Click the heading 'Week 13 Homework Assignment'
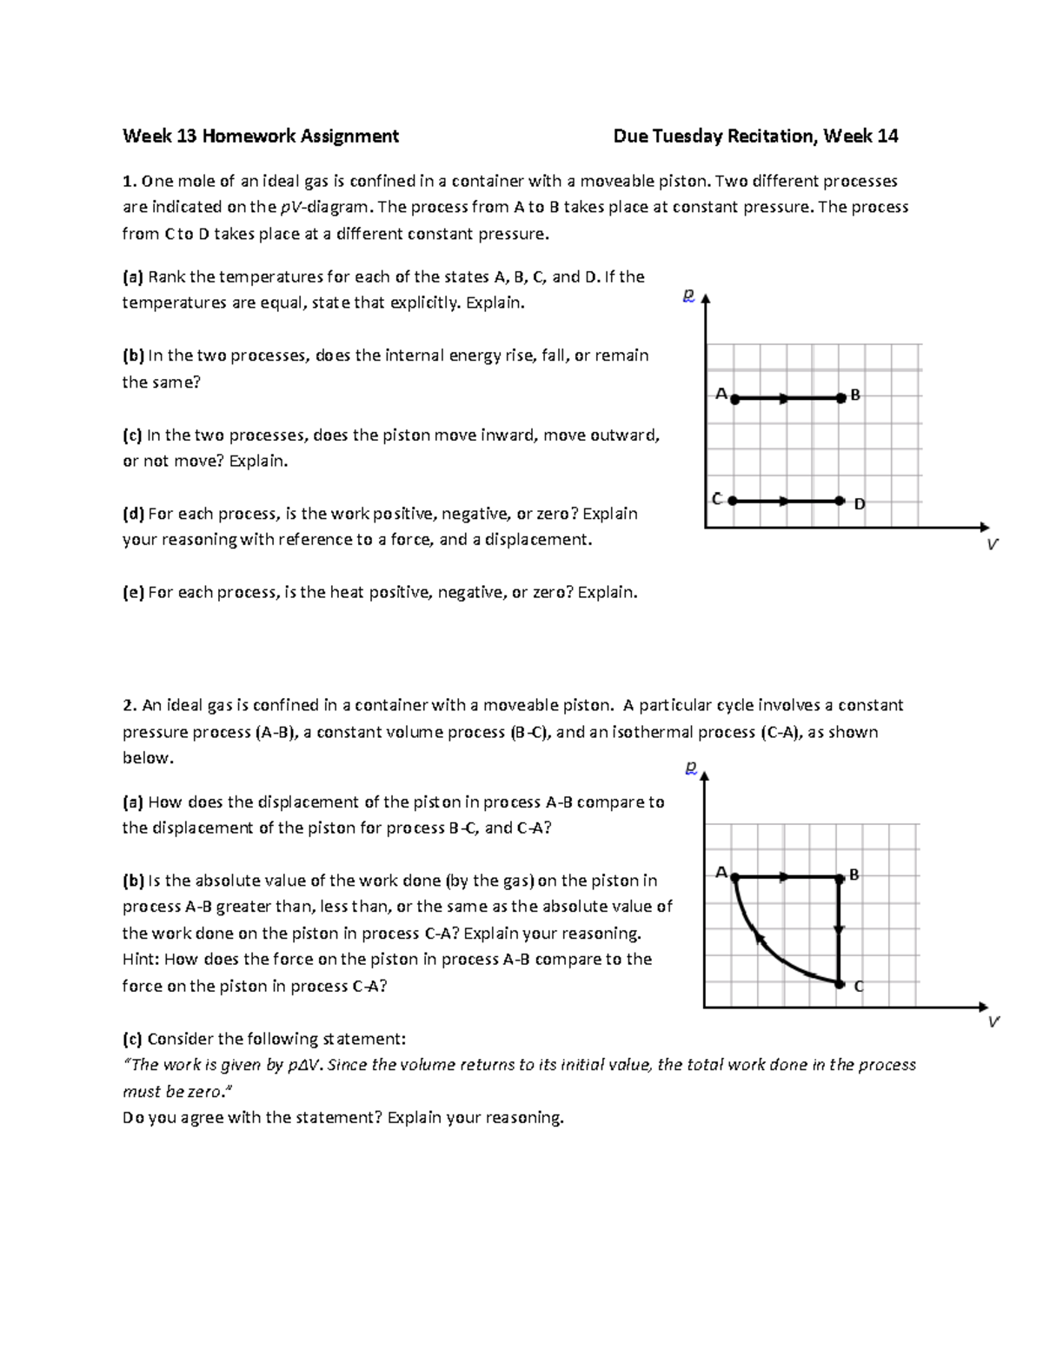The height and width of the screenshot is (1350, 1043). [x=261, y=136]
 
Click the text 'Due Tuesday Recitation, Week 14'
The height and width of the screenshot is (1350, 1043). [x=755, y=136]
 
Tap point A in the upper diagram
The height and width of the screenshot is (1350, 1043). [x=735, y=399]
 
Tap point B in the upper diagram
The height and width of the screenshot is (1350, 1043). [x=840, y=398]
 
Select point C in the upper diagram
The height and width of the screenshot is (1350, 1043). [x=733, y=501]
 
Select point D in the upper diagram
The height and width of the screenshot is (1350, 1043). [x=840, y=501]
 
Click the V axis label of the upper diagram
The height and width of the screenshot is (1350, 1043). [x=993, y=545]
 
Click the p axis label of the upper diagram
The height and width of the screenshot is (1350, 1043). [x=688, y=296]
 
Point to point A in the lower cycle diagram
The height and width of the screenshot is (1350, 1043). [x=735, y=878]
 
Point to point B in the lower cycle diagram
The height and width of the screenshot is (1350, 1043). [x=840, y=878]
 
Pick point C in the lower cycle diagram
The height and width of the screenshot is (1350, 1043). [x=840, y=983]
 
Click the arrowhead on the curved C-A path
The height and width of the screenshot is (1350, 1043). [x=758, y=936]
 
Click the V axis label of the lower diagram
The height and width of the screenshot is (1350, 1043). [x=993, y=1022]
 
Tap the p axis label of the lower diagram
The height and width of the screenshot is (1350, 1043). [x=690, y=768]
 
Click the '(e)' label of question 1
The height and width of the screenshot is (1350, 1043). [x=133, y=593]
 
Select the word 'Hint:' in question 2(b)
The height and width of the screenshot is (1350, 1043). [x=141, y=960]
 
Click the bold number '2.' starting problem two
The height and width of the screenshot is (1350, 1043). [x=130, y=705]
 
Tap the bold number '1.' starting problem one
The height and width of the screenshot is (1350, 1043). [x=130, y=181]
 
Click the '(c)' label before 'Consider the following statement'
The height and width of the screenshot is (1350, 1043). [x=132, y=1039]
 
